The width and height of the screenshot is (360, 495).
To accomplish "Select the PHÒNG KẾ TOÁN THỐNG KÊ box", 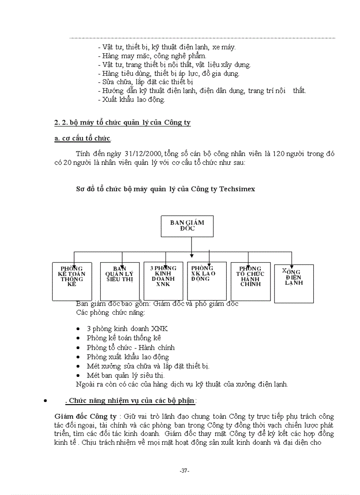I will coord(72,281).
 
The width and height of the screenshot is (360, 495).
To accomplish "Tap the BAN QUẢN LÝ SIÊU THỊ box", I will coord(120,281).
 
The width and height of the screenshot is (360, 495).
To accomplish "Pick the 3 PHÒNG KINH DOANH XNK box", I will coord(163,281).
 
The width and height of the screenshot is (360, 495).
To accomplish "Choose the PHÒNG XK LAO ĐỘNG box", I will coord(207,281).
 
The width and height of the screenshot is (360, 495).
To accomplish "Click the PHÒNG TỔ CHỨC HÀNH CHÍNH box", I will coord(251,281).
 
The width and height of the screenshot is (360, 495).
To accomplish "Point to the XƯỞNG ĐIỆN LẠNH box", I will coord(294,283).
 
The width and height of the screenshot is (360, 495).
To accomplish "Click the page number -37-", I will coord(185,471).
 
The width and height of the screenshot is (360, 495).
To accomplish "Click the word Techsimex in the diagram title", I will coord(236,189).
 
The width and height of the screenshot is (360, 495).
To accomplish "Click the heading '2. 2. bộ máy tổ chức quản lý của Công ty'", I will coord(122,122).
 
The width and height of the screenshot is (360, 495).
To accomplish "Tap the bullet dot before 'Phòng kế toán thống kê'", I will coord(78,339).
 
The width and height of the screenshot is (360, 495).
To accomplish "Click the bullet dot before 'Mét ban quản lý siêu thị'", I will coord(78,376).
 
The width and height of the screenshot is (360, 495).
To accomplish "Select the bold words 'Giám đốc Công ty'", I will coord(86,416).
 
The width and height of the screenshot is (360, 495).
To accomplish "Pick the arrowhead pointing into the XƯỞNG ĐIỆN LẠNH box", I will coord(292,262).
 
